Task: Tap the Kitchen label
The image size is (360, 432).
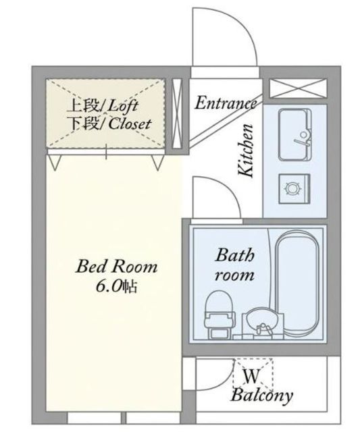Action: pos(246,151)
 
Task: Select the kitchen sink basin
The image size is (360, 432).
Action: pos(295,135)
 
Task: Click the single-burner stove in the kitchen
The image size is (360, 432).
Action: pos(294,189)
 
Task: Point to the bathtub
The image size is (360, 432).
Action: pos(297,283)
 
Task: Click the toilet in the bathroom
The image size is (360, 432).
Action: pos(220,315)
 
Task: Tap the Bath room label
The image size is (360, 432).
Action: pos(234,265)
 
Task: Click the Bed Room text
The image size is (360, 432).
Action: pos(117,267)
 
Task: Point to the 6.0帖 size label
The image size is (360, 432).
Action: pos(116,286)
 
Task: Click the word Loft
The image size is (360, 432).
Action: pos(123,107)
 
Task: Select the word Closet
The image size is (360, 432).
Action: pos(130,124)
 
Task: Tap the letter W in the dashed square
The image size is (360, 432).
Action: pos(251,376)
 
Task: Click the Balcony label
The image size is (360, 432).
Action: pos(262,396)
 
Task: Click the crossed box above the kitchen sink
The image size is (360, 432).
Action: pos(298,88)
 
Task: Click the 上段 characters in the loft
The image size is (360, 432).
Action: pos(83,107)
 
